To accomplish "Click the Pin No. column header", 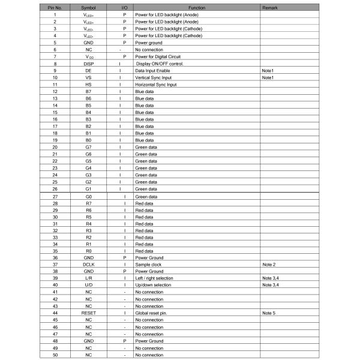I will click(55, 7).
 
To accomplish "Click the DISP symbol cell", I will click(88, 64).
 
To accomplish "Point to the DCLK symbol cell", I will click(88, 264).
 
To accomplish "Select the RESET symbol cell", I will click(88, 313).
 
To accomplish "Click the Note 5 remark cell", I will click(269, 313).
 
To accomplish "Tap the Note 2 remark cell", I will click(269, 264).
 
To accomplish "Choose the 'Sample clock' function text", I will click(149, 264).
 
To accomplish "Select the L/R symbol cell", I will click(88, 278).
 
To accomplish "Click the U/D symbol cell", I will click(88, 285).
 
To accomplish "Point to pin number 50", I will click(55, 355).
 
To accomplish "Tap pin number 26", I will click(55, 189).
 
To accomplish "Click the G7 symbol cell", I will click(88, 147).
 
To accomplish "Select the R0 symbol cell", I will click(88, 250).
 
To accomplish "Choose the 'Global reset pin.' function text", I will click(153, 313).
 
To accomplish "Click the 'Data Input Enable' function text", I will click(153, 71).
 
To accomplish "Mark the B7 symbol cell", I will click(88, 91).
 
